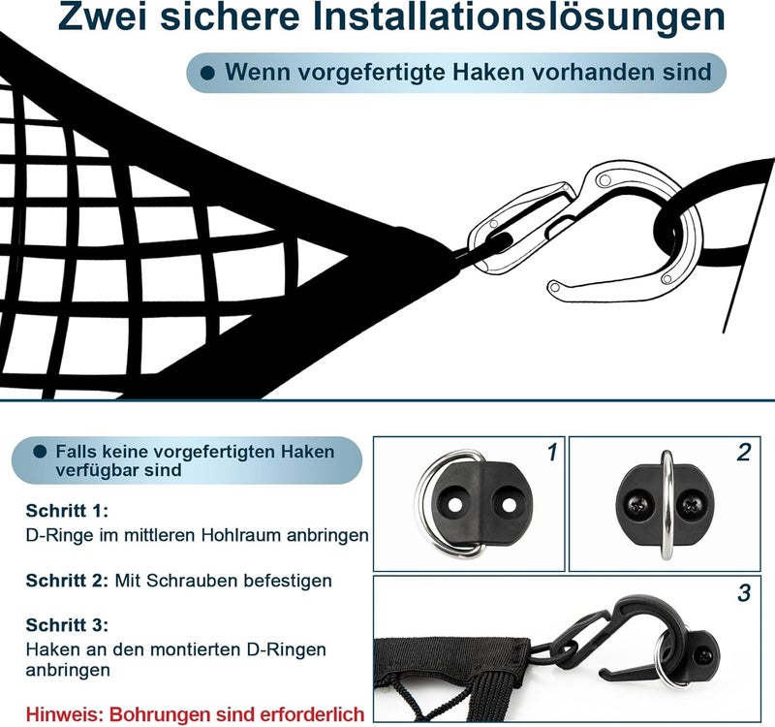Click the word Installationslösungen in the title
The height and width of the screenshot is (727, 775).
pyautogui.click(x=519, y=17)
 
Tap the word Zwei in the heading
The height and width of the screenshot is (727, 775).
pyautogui.click(x=104, y=16)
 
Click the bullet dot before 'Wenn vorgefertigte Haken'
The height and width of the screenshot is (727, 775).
pyautogui.click(x=207, y=74)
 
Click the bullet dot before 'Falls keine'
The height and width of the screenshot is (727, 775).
pyautogui.click(x=40, y=451)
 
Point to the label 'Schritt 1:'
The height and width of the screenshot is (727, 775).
pyautogui.click(x=67, y=511)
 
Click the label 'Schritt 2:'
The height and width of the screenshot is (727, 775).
pyautogui.click(x=67, y=580)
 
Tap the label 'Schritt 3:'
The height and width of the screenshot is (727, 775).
pyautogui.click(x=67, y=624)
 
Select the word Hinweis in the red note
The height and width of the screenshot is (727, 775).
pyautogui.click(x=64, y=714)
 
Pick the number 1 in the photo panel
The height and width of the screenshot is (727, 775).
pyautogui.click(x=552, y=453)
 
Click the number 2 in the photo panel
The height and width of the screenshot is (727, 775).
pyautogui.click(x=743, y=453)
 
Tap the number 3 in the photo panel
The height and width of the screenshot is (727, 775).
pyautogui.click(x=744, y=592)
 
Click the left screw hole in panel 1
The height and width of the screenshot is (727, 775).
pyautogui.click(x=455, y=505)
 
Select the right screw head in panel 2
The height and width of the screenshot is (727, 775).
pyautogui.click(x=690, y=505)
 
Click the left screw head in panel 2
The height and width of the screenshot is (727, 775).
pyautogui.click(x=638, y=505)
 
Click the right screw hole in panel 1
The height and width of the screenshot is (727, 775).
pyautogui.click(x=509, y=505)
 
